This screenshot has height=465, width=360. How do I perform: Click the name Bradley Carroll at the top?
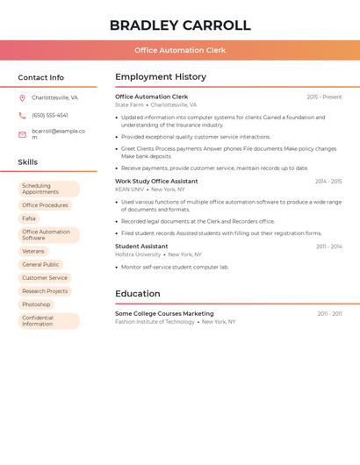click(180, 25)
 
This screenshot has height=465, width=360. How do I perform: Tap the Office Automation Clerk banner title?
click(180, 50)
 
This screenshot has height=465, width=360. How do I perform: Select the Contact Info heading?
click(41, 77)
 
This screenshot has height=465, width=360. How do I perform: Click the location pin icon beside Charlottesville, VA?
click(22, 98)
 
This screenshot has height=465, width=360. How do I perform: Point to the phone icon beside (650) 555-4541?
click(22, 116)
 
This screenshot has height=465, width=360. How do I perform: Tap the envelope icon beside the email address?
click(22, 134)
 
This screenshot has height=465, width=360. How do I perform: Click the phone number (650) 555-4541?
click(50, 116)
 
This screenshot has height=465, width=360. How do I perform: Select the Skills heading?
click(28, 162)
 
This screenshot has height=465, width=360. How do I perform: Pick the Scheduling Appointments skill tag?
click(48, 189)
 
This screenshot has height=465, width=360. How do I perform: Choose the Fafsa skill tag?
click(29, 218)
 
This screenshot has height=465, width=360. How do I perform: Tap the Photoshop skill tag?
click(36, 304)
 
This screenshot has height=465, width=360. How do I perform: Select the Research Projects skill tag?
click(45, 291)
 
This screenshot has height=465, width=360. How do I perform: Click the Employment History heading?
click(161, 77)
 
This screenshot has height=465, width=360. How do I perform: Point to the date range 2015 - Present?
click(324, 97)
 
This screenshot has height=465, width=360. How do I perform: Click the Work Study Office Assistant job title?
click(156, 182)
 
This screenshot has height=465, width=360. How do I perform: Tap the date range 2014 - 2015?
click(328, 182)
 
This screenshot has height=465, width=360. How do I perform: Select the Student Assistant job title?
click(141, 247)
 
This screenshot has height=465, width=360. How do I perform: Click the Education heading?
click(138, 294)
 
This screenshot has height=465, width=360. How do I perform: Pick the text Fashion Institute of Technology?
click(155, 322)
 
